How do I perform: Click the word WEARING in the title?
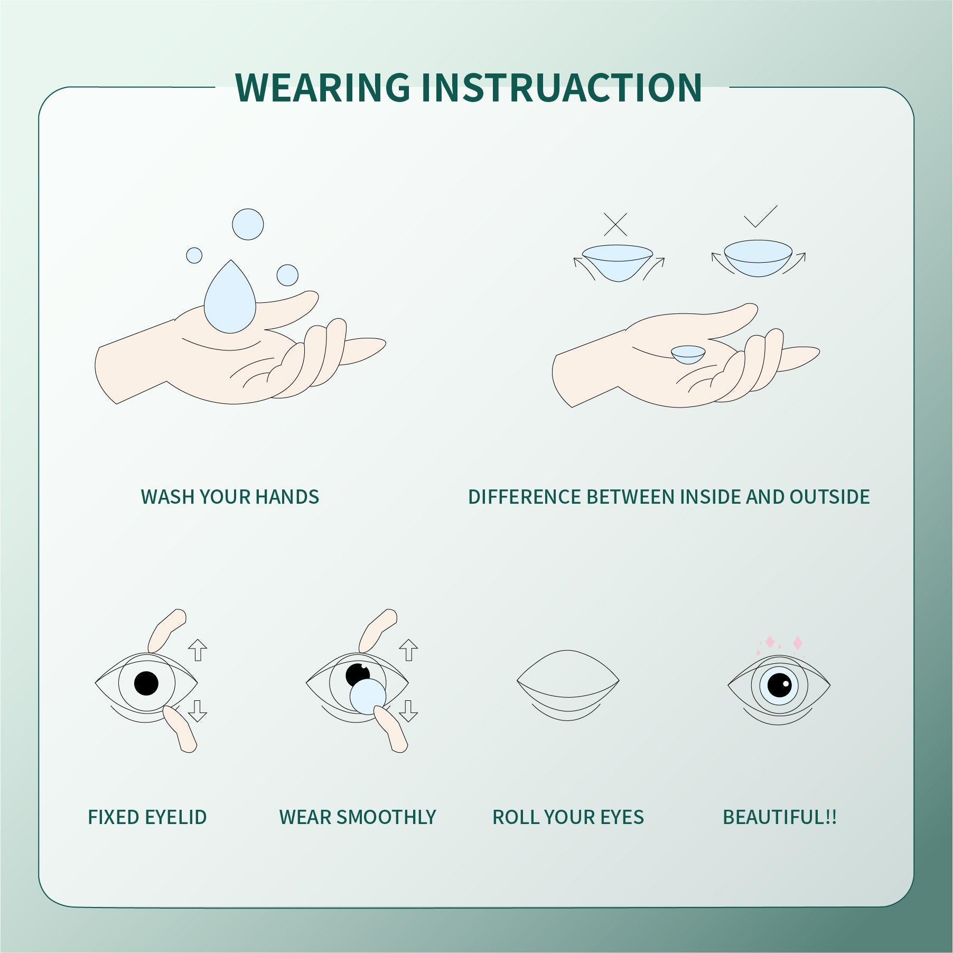(323, 87)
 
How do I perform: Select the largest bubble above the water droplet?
(248, 224)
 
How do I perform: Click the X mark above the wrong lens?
(615, 225)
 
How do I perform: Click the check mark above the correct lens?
(760, 217)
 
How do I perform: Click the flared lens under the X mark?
(618, 261)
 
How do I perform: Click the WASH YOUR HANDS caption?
(230, 497)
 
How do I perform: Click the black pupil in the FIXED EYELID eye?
(146, 683)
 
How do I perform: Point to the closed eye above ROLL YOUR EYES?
(568, 682)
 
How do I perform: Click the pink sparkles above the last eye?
(783, 643)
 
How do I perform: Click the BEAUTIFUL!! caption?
(779, 817)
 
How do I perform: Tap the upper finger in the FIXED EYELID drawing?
(166, 631)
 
